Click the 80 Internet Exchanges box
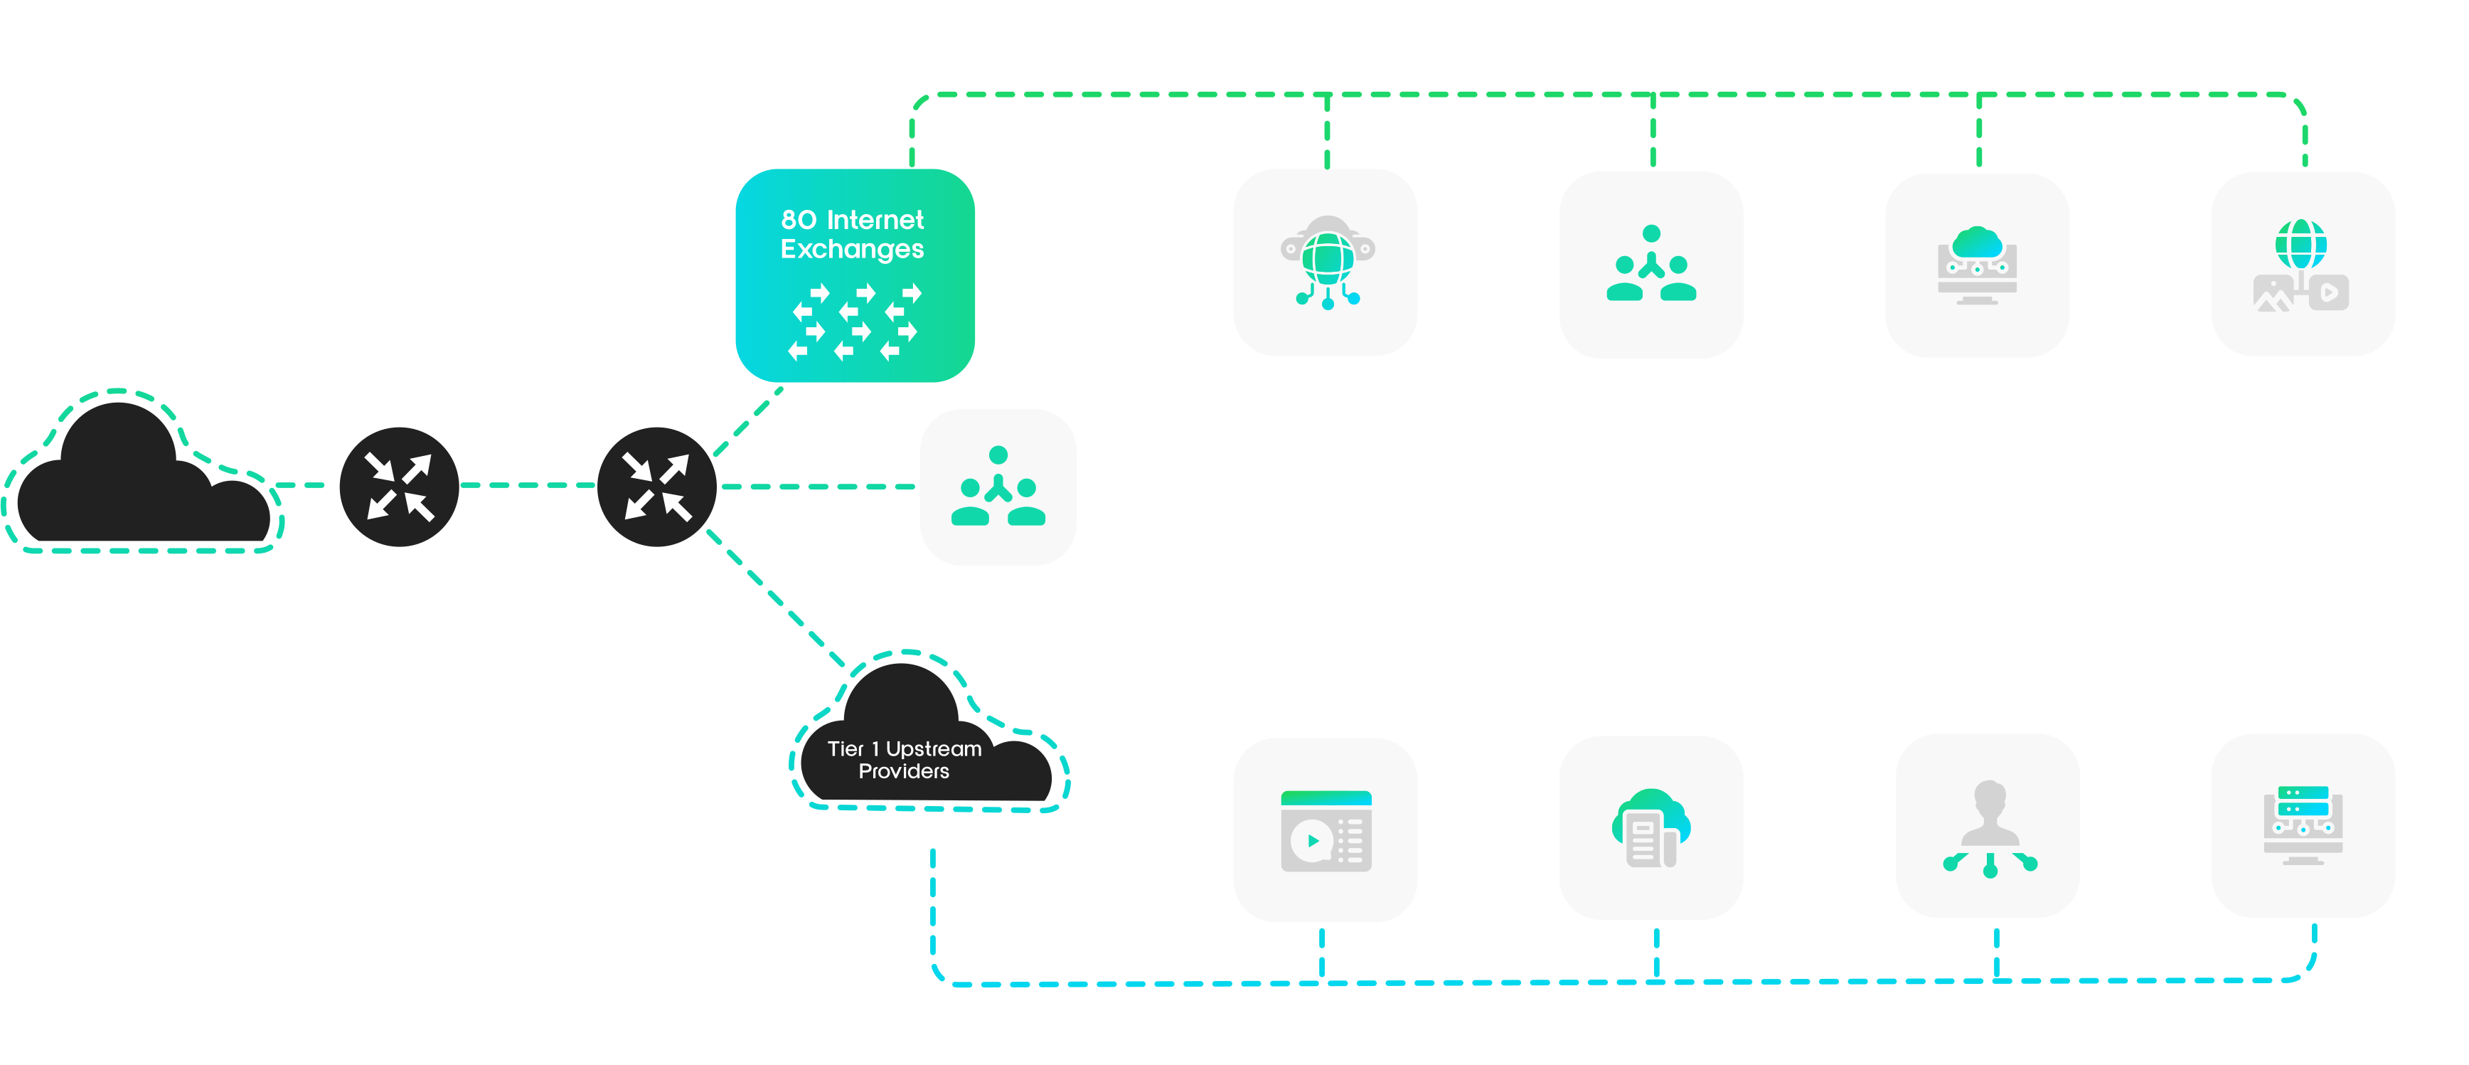coord(854,275)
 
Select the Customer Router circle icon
coord(399,486)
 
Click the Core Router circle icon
coord(656,486)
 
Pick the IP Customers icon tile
coord(998,487)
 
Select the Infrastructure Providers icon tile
coord(1326,262)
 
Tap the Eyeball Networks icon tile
coord(1651,264)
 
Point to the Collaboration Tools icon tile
coord(1326,830)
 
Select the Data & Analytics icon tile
coord(1651,828)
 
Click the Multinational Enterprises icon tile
coord(1987,826)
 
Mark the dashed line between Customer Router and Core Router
coord(527,485)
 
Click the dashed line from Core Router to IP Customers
coord(819,487)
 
